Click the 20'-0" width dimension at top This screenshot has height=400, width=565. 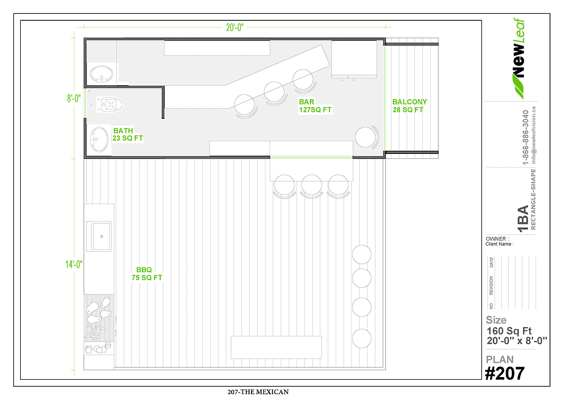pyautogui.click(x=235, y=27)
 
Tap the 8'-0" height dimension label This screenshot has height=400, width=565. pyautogui.click(x=74, y=98)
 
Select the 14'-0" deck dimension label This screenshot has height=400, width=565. pyautogui.click(x=74, y=264)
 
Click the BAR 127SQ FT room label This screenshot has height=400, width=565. pyautogui.click(x=315, y=105)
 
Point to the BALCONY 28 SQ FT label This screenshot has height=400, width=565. pyautogui.click(x=409, y=105)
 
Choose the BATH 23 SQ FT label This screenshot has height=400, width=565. pyautogui.click(x=128, y=134)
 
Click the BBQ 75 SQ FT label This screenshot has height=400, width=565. pyautogui.click(x=147, y=274)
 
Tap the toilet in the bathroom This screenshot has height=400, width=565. pyautogui.click(x=110, y=105)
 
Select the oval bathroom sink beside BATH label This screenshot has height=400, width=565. pyautogui.click(x=99, y=139)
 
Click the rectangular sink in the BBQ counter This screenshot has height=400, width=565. pyautogui.click(x=99, y=236)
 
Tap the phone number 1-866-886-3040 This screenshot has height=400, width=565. pyautogui.click(x=525, y=137)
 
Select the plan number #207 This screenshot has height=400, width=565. pyautogui.click(x=504, y=374)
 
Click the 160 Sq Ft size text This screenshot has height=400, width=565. pyautogui.click(x=509, y=331)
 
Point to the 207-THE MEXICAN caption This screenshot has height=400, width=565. pyautogui.click(x=258, y=391)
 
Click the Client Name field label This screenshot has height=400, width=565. pyautogui.click(x=500, y=244)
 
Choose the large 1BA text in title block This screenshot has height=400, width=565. pyautogui.click(x=523, y=219)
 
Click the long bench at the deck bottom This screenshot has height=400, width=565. pyautogui.click(x=276, y=347)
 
